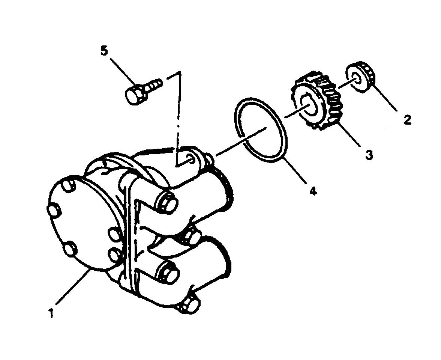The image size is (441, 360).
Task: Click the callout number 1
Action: (x=51, y=313)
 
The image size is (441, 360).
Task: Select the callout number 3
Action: (x=369, y=154)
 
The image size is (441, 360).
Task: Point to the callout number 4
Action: (x=313, y=191)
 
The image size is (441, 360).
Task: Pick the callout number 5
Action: (x=104, y=51)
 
